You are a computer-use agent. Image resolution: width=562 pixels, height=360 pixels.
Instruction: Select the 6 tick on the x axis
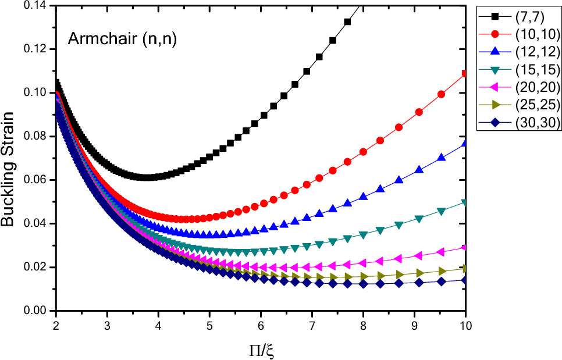coord(261,323)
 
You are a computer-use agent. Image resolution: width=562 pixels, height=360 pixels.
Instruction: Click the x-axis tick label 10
coord(465,323)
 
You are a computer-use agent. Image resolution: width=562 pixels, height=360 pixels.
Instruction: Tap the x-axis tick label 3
coord(107,323)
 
